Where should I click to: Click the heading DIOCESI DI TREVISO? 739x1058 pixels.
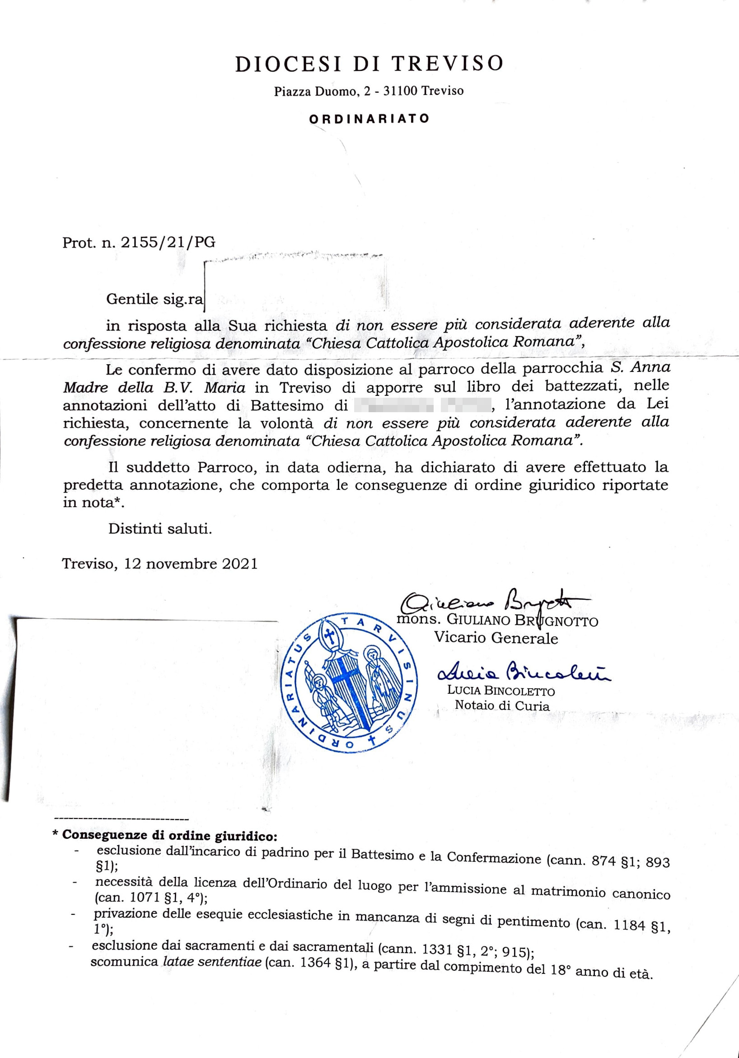click(x=369, y=64)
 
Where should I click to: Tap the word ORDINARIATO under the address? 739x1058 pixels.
click(x=369, y=118)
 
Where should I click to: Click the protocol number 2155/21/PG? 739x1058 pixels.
click(x=168, y=242)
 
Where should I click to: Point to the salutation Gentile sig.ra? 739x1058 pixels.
click(x=154, y=299)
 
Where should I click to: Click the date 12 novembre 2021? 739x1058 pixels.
click(x=191, y=564)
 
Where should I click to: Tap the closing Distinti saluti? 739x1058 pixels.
click(x=160, y=528)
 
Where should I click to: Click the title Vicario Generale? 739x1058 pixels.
click(x=496, y=638)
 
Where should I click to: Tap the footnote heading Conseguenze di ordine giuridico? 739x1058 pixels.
click(x=169, y=835)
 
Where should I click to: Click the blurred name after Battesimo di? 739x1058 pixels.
click(x=421, y=406)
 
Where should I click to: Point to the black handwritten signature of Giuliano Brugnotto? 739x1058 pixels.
click(x=488, y=601)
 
